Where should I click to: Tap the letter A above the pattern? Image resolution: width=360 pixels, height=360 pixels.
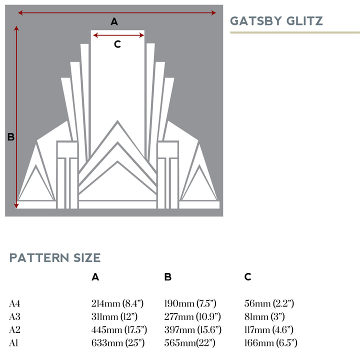click(x=114, y=21)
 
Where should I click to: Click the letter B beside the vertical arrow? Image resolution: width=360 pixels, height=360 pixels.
click(x=10, y=137)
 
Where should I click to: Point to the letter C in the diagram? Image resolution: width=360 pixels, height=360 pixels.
click(x=117, y=44)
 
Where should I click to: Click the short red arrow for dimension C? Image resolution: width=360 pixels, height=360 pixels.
click(x=118, y=35)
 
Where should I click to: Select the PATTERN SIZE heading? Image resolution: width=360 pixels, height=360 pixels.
click(x=55, y=258)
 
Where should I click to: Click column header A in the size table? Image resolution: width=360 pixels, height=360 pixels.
click(x=95, y=277)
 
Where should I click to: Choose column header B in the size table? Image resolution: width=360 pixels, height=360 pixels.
click(x=168, y=277)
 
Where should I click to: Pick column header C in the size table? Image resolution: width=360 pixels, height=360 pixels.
click(x=248, y=277)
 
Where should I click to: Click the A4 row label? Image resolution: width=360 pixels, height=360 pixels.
click(x=14, y=303)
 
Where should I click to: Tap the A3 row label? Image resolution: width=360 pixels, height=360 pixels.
click(x=14, y=316)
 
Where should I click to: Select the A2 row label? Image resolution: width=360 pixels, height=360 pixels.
click(x=14, y=329)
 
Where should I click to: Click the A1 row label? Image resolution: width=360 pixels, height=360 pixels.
click(x=14, y=342)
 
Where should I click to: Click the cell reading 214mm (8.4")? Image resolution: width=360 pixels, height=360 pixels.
click(x=117, y=303)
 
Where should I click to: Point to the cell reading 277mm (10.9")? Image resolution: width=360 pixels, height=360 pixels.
click(x=192, y=316)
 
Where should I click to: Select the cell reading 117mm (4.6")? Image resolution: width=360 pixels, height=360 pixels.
click(x=268, y=329)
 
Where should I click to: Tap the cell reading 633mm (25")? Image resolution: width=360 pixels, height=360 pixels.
click(x=117, y=342)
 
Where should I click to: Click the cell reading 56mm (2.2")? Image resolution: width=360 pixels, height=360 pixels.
click(x=269, y=303)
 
